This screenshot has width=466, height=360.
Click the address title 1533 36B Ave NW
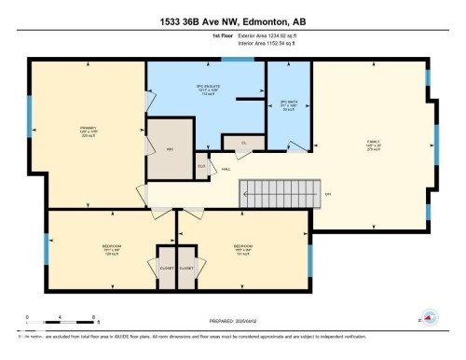(x=233, y=21)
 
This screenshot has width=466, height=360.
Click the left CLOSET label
(x=166, y=268)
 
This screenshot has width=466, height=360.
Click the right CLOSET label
(x=186, y=268)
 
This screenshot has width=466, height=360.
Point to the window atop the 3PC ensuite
(x=228, y=61)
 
